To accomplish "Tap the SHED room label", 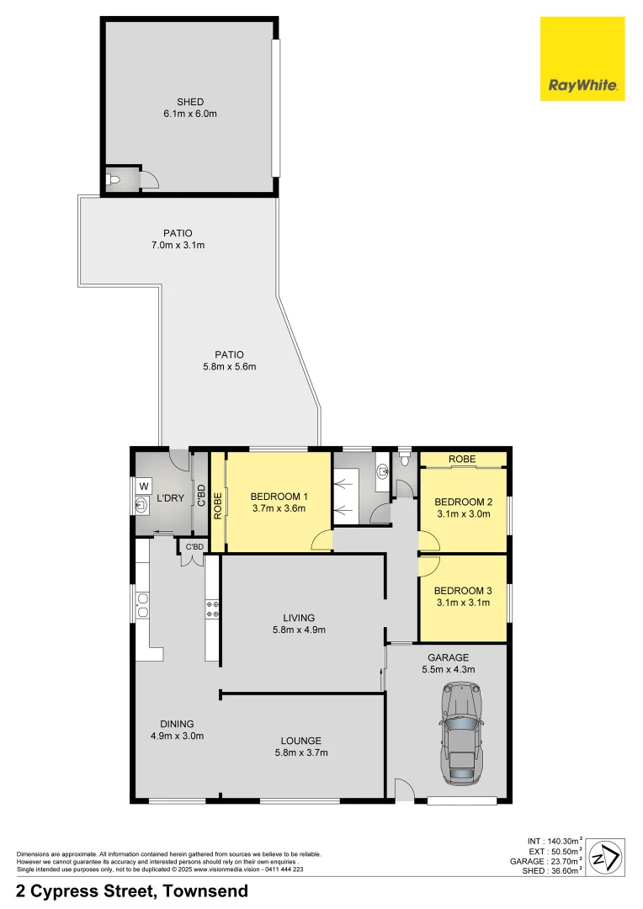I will pyautogui.click(x=190, y=102).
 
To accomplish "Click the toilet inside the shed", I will pyautogui.click(x=114, y=179).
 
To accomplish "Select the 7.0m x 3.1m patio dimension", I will pyautogui.click(x=178, y=246).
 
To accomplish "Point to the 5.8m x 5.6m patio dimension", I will pyautogui.click(x=228, y=366).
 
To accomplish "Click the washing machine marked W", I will pyautogui.click(x=143, y=486).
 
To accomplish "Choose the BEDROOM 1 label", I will pyautogui.click(x=278, y=496).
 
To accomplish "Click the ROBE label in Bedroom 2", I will pyautogui.click(x=462, y=459).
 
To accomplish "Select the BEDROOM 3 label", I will pyautogui.click(x=463, y=591).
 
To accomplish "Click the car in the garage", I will pyautogui.click(x=460, y=732).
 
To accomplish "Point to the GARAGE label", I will pyautogui.click(x=448, y=657).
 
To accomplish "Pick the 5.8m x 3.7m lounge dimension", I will pyautogui.click(x=300, y=753).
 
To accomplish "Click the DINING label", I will pyautogui.click(x=177, y=724).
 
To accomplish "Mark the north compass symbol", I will pyautogui.click(x=604, y=858).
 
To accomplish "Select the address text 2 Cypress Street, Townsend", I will pyautogui.click(x=132, y=891).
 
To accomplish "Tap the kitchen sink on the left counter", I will pyautogui.click(x=142, y=605).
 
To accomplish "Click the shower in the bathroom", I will pyautogui.click(x=345, y=496).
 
